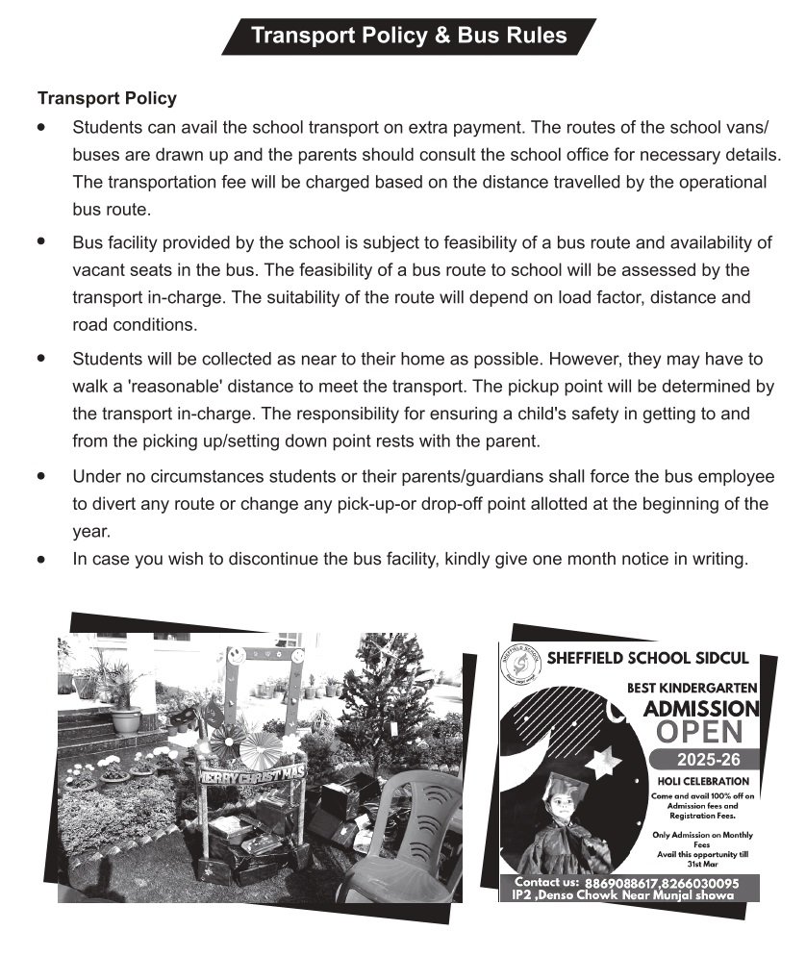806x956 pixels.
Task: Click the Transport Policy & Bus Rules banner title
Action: tap(408, 37)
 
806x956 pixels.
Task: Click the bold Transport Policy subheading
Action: tap(107, 98)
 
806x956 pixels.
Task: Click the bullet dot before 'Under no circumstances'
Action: tap(40, 476)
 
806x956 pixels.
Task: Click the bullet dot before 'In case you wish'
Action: tap(40, 559)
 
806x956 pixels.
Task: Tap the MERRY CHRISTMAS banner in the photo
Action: tap(252, 772)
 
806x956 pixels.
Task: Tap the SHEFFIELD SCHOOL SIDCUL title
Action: tap(647, 659)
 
